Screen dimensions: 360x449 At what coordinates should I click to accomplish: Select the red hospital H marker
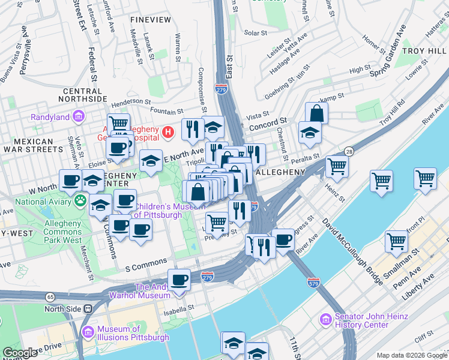[169, 130]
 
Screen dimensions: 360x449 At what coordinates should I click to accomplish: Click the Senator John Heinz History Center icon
[325, 320]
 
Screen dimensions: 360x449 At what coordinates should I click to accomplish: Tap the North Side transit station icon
[88, 309]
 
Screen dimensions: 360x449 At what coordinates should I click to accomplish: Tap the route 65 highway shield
[50, 296]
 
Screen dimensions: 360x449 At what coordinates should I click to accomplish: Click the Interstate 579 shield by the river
[313, 281]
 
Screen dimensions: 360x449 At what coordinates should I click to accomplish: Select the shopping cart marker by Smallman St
[397, 241]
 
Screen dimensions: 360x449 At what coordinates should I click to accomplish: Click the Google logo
[20, 353]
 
